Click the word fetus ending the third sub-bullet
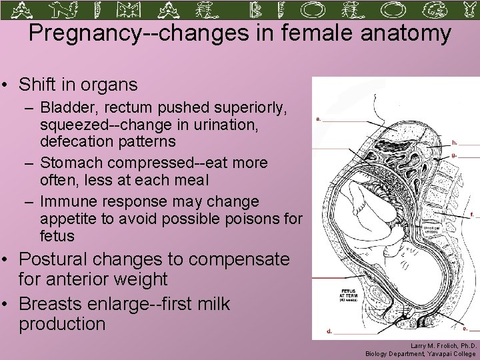57,236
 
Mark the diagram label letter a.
318,119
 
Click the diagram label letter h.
455,142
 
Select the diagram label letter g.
454,155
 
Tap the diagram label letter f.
472,215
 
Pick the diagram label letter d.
329,330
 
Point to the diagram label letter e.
464,328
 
